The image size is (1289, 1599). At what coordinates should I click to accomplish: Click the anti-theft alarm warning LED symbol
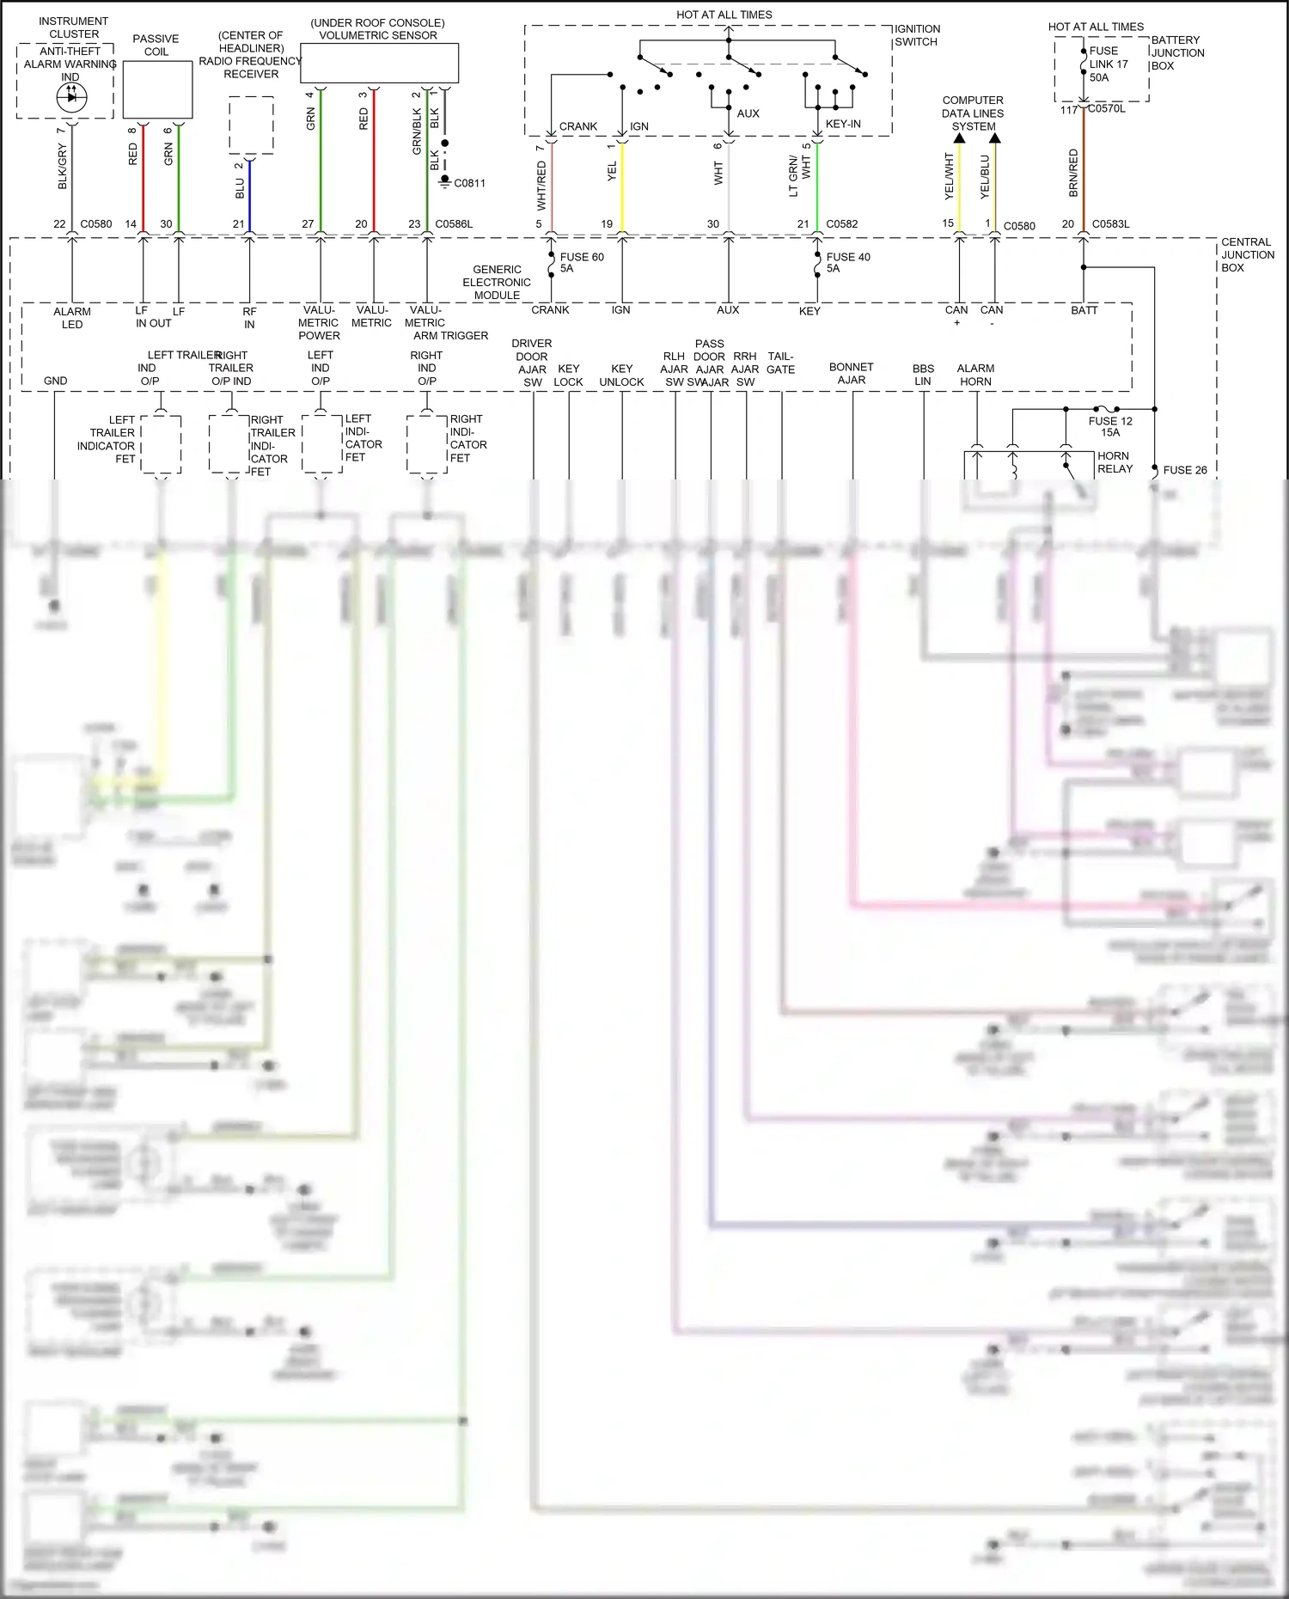coord(70,97)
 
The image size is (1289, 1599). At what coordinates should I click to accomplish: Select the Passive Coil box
coord(157,89)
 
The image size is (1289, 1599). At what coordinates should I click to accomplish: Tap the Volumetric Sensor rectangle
coord(379,63)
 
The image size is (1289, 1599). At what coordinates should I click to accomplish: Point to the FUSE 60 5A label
coord(582,262)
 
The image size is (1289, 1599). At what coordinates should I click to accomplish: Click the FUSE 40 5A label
coord(848,262)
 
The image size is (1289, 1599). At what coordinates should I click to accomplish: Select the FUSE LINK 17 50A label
coord(1109,64)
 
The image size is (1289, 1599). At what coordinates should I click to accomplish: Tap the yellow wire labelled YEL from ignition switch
coord(622,185)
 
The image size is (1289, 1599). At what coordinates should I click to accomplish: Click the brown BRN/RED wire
coord(1084,172)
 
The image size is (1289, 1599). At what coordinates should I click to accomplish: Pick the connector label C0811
coord(470,183)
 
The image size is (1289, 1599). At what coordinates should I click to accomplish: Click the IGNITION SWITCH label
coord(917,35)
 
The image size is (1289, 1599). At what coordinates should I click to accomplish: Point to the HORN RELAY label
coord(1115,462)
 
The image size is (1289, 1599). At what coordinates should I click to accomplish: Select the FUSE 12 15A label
coord(1110,426)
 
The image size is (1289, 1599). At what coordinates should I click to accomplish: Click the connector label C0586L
coord(454,224)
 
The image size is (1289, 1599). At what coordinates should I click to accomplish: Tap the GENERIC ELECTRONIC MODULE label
coord(497,282)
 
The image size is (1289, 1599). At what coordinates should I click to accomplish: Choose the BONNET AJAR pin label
coord(851,373)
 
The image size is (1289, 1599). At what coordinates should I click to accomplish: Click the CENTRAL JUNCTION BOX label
coord(1248,254)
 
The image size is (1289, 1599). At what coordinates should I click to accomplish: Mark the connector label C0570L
coord(1107,109)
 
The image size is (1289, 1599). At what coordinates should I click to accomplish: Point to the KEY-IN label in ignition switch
coord(843,124)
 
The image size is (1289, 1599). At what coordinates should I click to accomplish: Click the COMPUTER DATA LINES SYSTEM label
coord(973,113)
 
